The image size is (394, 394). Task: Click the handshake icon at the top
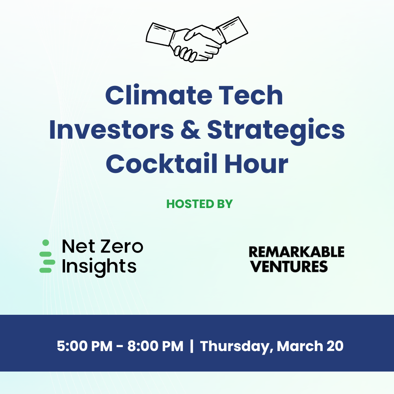197,39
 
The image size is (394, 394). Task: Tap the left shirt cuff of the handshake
160,34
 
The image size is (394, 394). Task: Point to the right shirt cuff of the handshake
232,30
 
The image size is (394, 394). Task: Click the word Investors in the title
112,130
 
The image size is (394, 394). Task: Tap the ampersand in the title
190,130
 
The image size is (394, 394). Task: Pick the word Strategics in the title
276,131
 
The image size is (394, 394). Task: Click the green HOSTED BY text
199,204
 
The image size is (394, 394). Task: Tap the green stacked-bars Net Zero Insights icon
47,256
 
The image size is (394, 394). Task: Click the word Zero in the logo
122,246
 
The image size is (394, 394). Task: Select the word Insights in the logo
99,267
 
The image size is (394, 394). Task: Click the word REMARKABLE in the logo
297,252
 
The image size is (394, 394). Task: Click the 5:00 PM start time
85,346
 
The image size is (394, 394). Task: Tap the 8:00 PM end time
156,346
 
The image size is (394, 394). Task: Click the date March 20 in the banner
310,346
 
